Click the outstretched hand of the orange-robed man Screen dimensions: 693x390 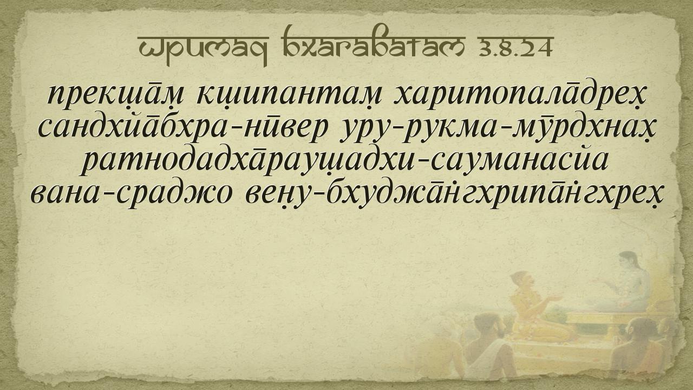click(554, 298)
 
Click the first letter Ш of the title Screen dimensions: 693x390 click(149, 48)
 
